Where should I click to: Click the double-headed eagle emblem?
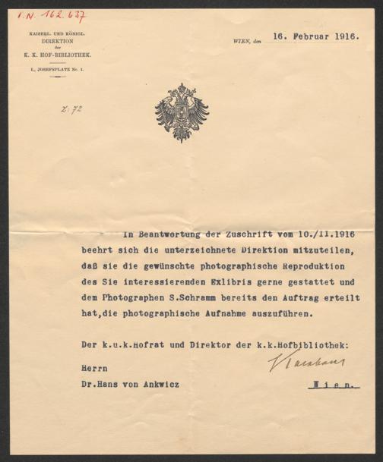tap(182, 112)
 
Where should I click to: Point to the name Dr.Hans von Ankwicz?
tap(133, 384)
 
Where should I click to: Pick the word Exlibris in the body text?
tap(221, 281)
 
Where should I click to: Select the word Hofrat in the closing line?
tap(152, 344)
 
